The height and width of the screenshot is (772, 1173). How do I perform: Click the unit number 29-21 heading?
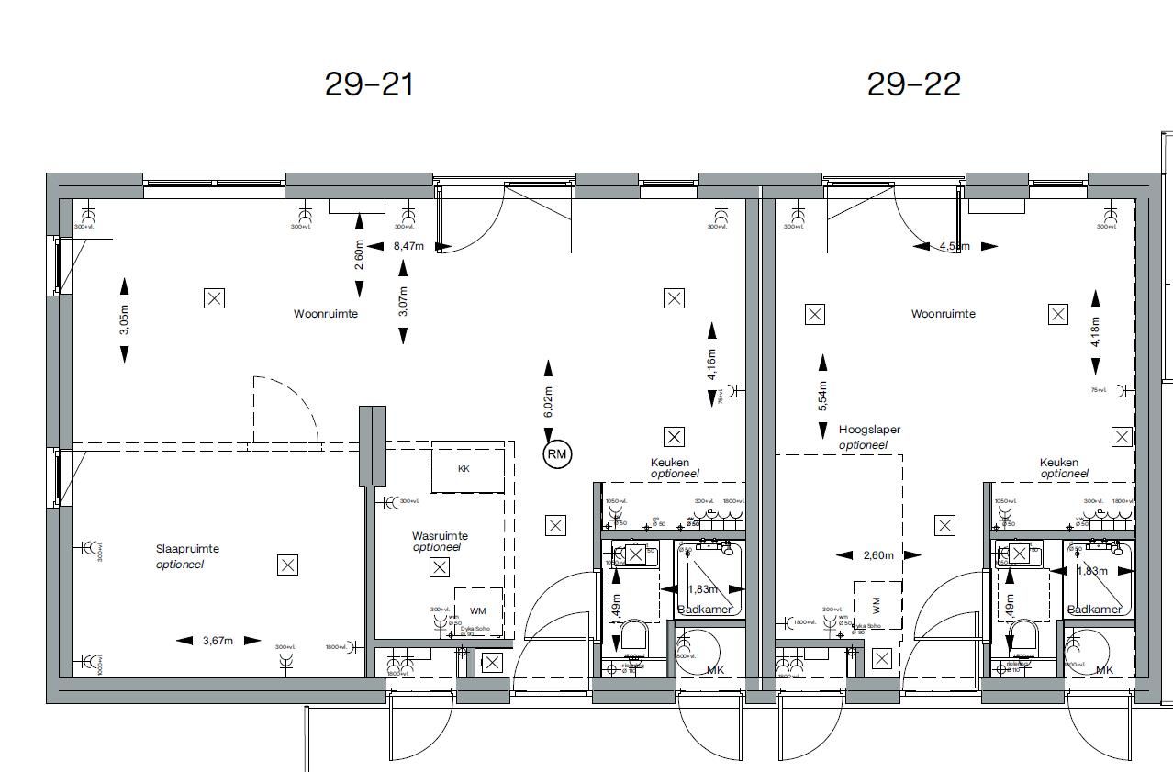(369, 84)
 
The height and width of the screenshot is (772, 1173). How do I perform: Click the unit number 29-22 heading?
(913, 84)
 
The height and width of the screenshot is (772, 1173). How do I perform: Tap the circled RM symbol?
(557, 454)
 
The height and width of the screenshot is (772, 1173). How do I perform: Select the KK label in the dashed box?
(464, 468)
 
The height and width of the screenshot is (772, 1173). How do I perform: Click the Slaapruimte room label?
(187, 549)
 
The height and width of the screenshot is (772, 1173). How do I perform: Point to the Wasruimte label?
(440, 535)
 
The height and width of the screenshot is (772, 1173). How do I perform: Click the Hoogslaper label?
(869, 430)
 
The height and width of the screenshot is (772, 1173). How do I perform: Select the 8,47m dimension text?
(408, 246)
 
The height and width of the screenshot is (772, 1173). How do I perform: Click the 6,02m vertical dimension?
(548, 401)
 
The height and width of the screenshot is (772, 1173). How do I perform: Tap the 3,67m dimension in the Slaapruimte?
(218, 641)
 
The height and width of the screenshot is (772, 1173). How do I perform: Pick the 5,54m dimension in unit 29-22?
(822, 396)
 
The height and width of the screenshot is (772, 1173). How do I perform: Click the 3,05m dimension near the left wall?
(125, 320)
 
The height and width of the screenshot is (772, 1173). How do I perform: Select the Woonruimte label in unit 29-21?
(326, 314)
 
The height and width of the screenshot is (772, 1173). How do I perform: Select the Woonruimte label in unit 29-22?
(943, 314)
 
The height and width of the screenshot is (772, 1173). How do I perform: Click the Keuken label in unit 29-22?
(1058, 463)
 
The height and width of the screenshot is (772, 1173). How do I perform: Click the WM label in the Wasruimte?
(477, 610)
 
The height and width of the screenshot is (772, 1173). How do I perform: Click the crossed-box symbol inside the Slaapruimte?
(287, 565)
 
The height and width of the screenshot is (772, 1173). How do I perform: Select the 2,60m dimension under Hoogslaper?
(878, 555)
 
